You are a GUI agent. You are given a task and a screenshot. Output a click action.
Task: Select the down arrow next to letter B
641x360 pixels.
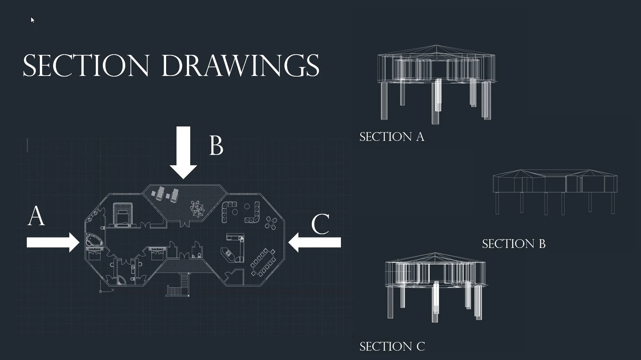click(x=183, y=153)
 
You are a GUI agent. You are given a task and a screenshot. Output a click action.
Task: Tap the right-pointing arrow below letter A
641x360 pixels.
click(x=53, y=242)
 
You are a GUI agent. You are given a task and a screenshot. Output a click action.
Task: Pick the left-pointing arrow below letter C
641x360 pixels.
click(x=314, y=242)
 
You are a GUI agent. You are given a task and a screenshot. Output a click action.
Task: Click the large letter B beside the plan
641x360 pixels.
click(x=216, y=146)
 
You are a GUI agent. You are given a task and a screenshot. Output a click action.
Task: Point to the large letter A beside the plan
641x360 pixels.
click(x=36, y=216)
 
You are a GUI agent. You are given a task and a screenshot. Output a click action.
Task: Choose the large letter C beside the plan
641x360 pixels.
click(x=320, y=224)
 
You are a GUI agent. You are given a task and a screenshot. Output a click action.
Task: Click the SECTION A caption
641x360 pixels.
click(x=392, y=137)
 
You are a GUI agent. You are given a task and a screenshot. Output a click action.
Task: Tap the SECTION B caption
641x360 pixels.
click(x=514, y=244)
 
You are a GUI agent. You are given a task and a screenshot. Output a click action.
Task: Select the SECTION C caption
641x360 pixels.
click(x=392, y=347)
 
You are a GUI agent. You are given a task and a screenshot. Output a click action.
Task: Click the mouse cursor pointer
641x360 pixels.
click(x=32, y=20)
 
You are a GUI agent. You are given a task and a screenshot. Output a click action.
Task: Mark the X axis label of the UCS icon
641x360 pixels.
click(x=113, y=290)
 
